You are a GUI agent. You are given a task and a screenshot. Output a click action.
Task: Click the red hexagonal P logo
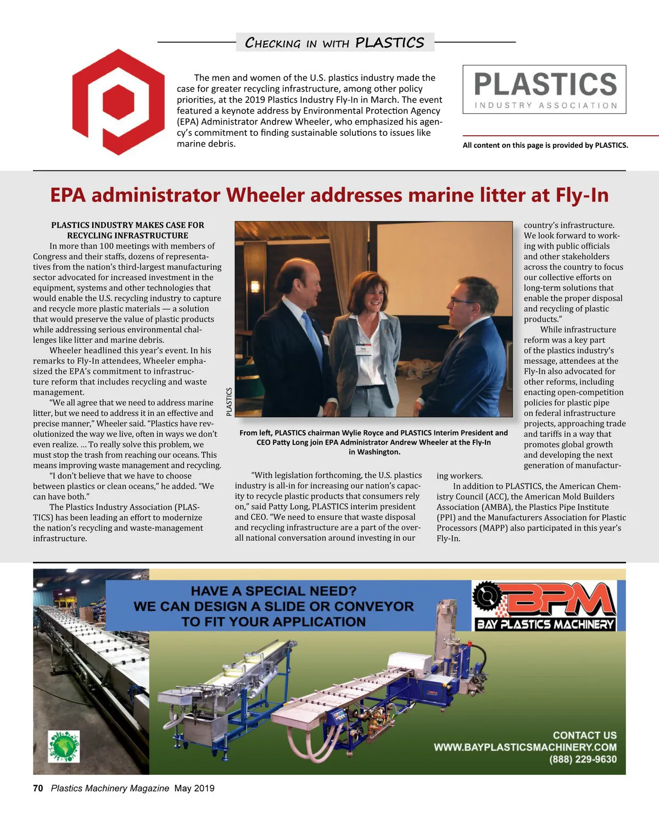(x=118, y=102)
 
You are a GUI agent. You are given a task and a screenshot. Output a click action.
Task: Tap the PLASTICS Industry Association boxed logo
(x=544, y=90)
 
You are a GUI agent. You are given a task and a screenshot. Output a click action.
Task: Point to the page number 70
(x=38, y=788)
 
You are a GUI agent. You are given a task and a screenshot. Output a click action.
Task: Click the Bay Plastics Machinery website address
(x=525, y=747)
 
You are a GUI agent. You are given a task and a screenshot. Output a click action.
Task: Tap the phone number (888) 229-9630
(x=583, y=759)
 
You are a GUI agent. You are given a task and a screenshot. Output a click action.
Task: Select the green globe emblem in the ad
(x=64, y=746)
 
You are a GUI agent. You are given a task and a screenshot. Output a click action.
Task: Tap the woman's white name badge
(x=364, y=349)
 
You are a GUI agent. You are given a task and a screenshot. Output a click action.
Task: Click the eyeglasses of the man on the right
(x=460, y=301)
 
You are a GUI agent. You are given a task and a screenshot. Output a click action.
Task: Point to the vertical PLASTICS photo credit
(x=229, y=401)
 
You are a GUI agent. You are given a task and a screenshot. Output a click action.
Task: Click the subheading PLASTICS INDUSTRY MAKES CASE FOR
(x=127, y=225)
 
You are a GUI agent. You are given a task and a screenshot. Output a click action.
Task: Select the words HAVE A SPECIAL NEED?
(x=273, y=591)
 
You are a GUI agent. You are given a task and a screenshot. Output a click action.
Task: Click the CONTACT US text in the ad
(x=584, y=735)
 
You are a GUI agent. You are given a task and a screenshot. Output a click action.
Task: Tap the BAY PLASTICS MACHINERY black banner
(x=545, y=624)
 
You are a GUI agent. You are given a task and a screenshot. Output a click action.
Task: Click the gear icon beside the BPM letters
(x=487, y=596)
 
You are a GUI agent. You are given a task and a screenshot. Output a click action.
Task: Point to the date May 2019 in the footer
(x=194, y=788)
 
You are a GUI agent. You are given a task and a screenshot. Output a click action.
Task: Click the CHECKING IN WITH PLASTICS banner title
(x=334, y=42)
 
